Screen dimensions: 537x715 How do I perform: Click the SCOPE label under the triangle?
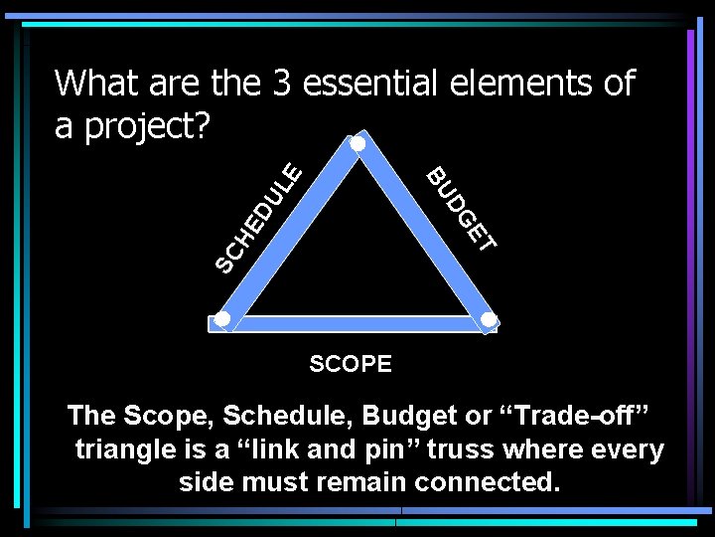(351, 364)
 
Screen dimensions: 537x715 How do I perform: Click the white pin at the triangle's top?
(357, 144)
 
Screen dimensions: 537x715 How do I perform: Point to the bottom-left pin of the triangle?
(222, 319)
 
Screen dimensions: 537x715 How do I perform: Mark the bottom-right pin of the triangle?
(489, 319)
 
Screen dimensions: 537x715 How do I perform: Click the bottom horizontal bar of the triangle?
(355, 322)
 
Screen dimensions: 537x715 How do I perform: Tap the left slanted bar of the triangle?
(289, 233)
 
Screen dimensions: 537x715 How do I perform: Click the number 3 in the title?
(280, 84)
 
